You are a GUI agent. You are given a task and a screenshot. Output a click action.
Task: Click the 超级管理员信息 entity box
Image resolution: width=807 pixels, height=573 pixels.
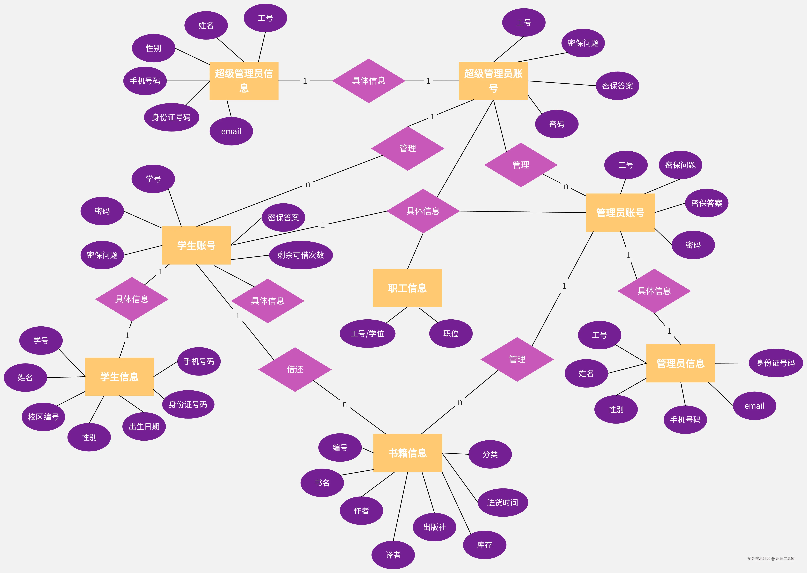244,81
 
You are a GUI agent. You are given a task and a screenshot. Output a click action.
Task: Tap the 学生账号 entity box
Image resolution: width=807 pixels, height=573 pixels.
196,245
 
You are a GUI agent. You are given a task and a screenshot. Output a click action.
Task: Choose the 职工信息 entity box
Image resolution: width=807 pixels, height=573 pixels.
407,288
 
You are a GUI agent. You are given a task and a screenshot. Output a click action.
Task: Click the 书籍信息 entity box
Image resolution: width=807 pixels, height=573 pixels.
408,453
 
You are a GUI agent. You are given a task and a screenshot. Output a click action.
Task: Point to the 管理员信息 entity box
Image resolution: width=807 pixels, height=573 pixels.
680,363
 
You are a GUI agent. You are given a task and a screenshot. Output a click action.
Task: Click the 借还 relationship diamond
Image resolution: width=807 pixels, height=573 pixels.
295,369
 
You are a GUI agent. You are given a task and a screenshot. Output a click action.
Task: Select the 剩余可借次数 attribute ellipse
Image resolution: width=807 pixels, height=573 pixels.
301,255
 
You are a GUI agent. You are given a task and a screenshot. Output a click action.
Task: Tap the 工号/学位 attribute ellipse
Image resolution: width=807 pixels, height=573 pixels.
367,333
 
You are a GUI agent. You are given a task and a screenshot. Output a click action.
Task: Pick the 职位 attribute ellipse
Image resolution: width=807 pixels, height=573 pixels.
451,333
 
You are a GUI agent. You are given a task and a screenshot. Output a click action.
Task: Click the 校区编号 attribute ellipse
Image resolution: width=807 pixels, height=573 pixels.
43,417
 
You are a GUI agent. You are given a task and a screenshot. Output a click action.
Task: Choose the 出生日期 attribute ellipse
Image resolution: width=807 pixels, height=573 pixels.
144,426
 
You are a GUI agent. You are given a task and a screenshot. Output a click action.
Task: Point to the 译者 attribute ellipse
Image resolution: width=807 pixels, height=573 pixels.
393,555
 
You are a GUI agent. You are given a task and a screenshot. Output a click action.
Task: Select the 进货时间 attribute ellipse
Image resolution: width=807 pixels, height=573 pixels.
502,502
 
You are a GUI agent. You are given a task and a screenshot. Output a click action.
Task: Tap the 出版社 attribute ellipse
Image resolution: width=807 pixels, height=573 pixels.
434,527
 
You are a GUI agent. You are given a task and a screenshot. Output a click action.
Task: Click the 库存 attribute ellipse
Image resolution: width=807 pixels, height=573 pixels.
485,545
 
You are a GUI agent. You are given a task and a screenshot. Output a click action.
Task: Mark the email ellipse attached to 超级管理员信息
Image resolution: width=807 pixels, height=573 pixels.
231,131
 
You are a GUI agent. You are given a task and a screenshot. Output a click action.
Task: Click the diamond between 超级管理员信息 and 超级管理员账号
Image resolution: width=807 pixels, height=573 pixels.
368,81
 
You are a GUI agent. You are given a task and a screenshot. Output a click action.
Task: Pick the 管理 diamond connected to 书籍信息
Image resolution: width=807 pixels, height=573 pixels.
517,359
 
